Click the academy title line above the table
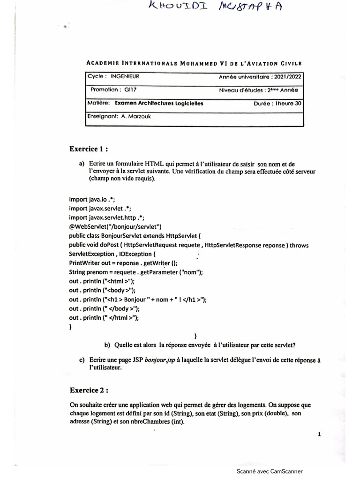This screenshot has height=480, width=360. [194, 63]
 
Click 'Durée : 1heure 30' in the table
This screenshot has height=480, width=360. [277, 103]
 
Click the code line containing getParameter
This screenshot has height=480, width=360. [135, 272]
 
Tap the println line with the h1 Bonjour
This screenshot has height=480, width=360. [137, 300]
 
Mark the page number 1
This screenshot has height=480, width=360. [319, 435]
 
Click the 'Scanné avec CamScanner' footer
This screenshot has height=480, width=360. [269, 471]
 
